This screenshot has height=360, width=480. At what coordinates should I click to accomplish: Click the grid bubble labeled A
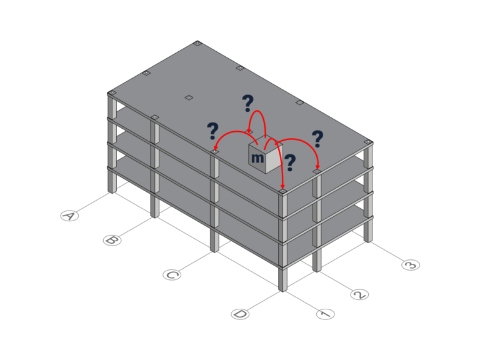[x=70, y=216]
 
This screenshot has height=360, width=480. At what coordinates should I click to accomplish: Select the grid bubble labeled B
[x=112, y=240]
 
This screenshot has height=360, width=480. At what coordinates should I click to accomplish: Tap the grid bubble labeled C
[x=172, y=274]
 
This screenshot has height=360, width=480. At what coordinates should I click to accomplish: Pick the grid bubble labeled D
[x=240, y=314]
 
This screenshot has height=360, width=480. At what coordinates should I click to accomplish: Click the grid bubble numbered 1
[x=325, y=314]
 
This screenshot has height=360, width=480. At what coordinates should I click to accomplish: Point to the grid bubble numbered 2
[x=359, y=294]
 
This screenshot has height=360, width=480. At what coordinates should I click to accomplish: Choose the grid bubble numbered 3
[x=411, y=265]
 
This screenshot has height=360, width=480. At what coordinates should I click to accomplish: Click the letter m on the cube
[x=257, y=158]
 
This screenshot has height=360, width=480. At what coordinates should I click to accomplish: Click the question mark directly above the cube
[x=247, y=103]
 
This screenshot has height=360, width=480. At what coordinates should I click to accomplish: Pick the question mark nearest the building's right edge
[x=317, y=139]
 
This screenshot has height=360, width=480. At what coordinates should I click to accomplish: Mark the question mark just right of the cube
[x=290, y=163]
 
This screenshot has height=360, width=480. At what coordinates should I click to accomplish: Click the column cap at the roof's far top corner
[x=197, y=44]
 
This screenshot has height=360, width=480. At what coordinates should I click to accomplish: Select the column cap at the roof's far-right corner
[x=367, y=142]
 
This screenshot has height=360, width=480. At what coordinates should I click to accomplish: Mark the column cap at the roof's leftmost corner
[x=112, y=93]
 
